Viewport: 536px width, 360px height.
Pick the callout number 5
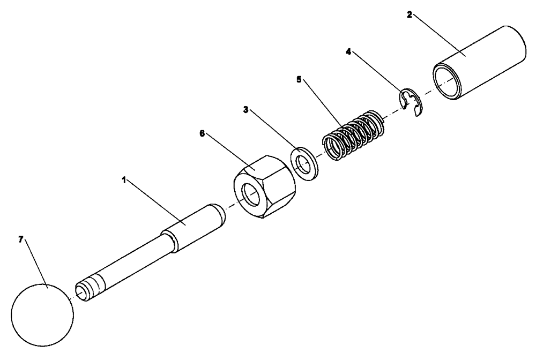[x=299, y=79]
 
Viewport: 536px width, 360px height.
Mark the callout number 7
[x=21, y=239]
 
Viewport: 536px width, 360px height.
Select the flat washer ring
[x=304, y=163]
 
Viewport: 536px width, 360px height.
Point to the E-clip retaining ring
[x=412, y=103]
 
